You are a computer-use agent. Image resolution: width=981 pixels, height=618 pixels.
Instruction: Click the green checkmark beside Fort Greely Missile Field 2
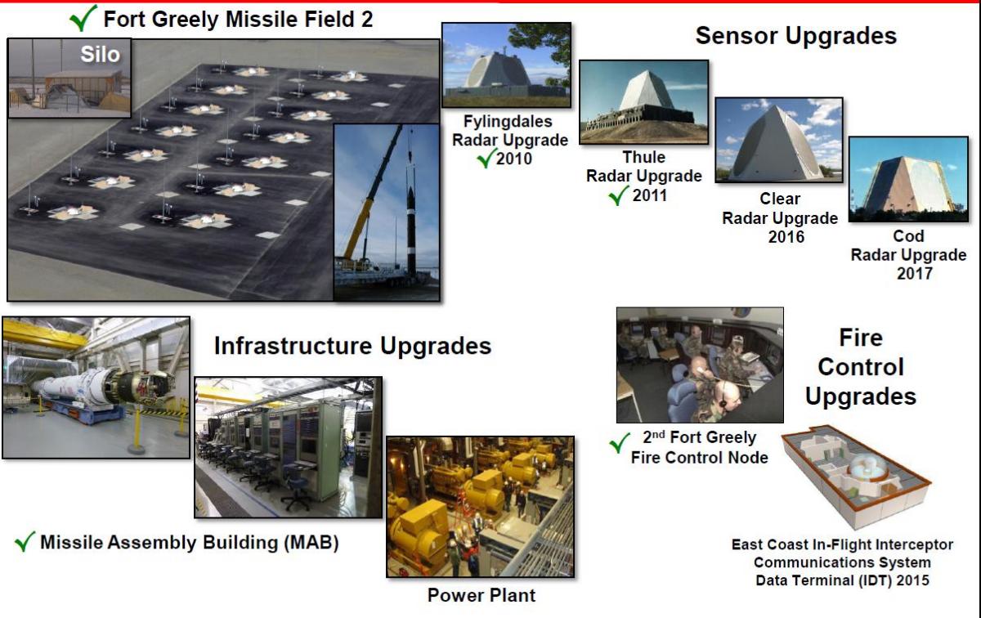[83, 19]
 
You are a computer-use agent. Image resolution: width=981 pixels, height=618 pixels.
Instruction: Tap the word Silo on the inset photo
[100, 55]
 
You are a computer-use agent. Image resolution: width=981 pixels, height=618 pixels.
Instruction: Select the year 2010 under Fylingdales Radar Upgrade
[514, 159]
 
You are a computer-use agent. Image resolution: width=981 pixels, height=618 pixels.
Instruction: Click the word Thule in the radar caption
[644, 157]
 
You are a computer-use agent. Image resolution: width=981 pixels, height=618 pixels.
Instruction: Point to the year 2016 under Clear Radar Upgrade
[786, 237]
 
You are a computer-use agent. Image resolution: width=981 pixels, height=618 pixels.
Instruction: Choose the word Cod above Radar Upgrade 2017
[909, 236]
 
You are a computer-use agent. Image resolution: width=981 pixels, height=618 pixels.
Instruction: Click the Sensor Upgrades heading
[796, 36]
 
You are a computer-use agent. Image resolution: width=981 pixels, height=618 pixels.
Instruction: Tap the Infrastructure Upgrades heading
[352, 346]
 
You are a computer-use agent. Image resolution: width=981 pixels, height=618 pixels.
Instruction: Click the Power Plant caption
[482, 595]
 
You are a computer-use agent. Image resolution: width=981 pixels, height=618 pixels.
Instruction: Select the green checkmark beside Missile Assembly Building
[25, 541]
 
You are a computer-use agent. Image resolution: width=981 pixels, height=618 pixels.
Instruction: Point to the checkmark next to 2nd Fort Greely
[620, 442]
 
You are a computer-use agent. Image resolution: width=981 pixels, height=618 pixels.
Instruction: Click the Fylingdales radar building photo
[506, 65]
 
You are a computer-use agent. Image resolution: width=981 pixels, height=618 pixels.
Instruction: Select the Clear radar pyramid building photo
[778, 140]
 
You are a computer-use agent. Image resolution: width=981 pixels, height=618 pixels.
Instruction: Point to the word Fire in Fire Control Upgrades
[861, 338]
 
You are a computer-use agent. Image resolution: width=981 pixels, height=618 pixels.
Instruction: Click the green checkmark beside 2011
[619, 195]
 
